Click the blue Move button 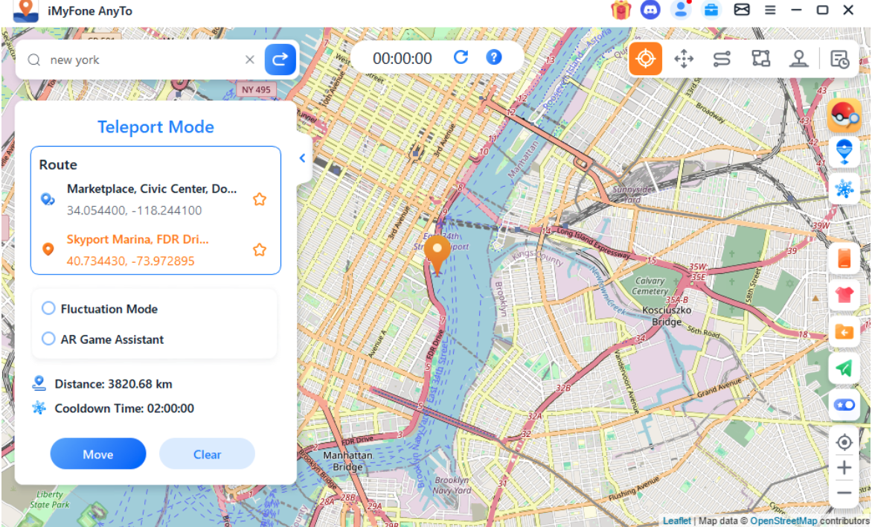coord(98,454)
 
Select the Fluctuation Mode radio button coord(49,308)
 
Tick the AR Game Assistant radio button coord(49,339)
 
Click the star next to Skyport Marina coord(260,250)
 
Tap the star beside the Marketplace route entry coord(260,199)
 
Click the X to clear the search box coord(250,60)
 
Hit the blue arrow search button coord(280,60)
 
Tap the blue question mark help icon coord(493,57)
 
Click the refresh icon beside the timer coord(461,57)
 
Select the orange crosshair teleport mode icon coord(645,59)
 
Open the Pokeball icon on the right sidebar coord(844,115)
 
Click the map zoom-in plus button coord(844,467)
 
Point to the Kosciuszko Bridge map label coord(667,316)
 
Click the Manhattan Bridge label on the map coord(347,461)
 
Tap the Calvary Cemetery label coord(650,286)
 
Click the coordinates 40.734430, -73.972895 coord(130,261)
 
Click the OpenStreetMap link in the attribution coord(783,521)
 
